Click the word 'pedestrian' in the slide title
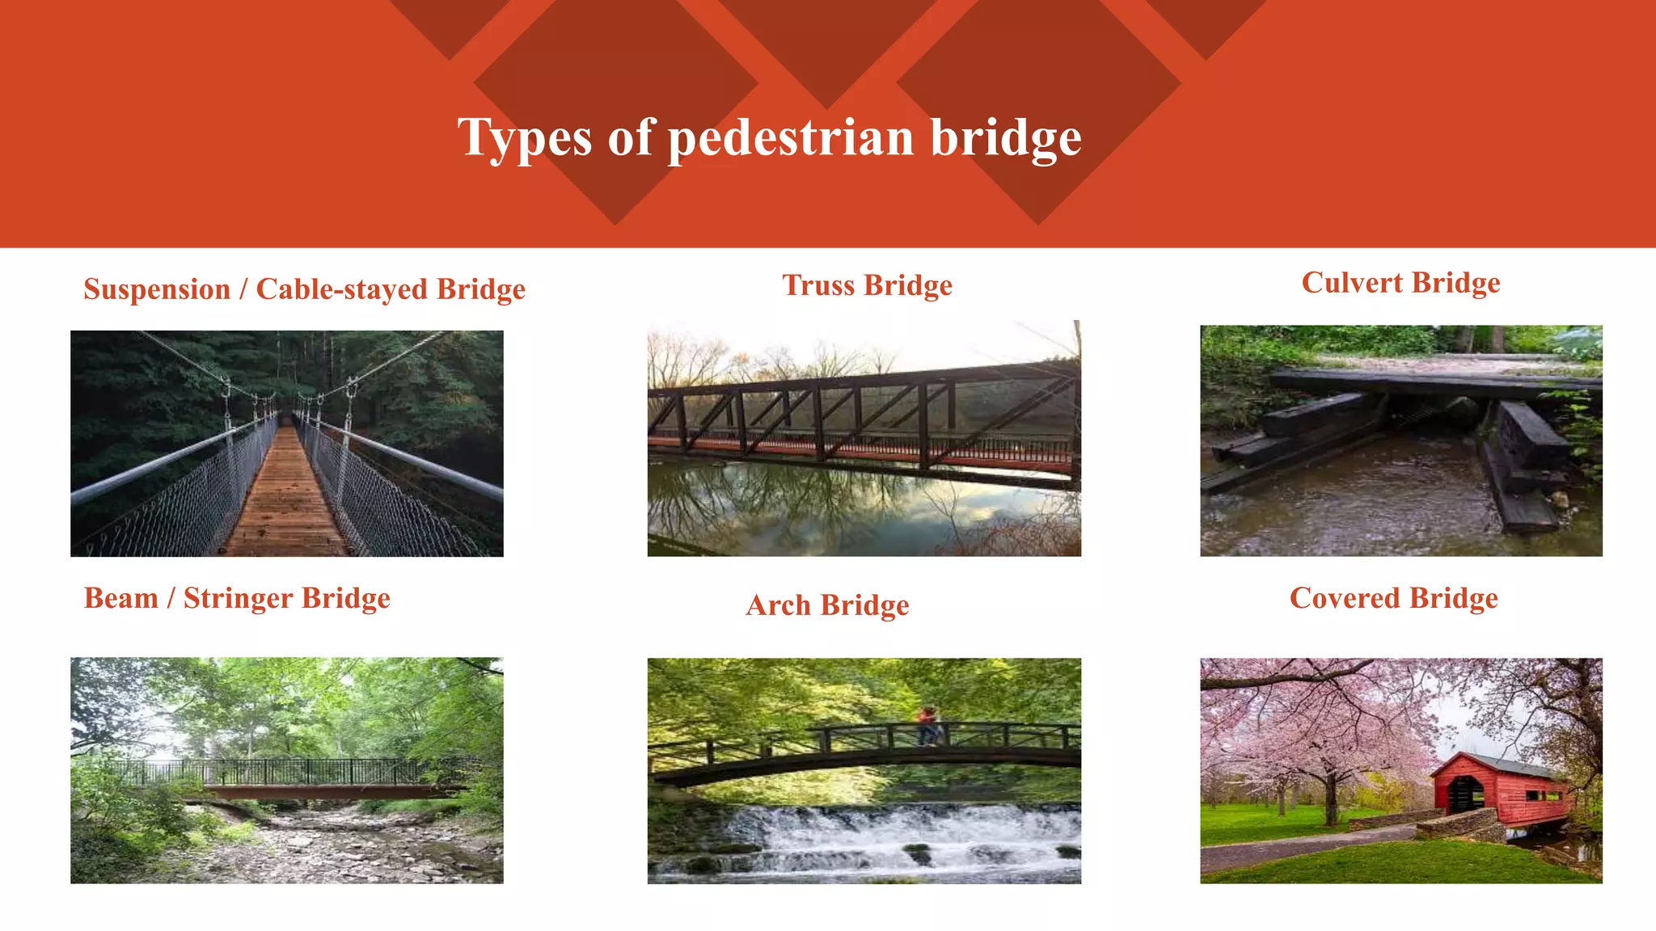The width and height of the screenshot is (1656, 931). [x=790, y=137]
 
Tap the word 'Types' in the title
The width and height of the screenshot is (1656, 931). [x=525, y=137]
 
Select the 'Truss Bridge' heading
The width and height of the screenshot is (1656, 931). [x=867, y=285]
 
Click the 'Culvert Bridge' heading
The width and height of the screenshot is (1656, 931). [x=1400, y=283]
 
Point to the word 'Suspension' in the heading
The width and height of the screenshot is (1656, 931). [x=157, y=289]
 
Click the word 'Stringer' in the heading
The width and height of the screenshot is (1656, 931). [x=238, y=598]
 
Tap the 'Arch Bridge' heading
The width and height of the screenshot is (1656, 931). [x=827, y=605]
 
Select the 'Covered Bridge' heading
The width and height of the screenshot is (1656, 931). [x=1393, y=598]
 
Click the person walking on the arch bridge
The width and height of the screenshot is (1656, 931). [x=928, y=725]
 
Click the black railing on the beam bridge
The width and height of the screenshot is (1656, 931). [x=275, y=771]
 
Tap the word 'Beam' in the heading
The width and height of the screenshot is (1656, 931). [x=120, y=598]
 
